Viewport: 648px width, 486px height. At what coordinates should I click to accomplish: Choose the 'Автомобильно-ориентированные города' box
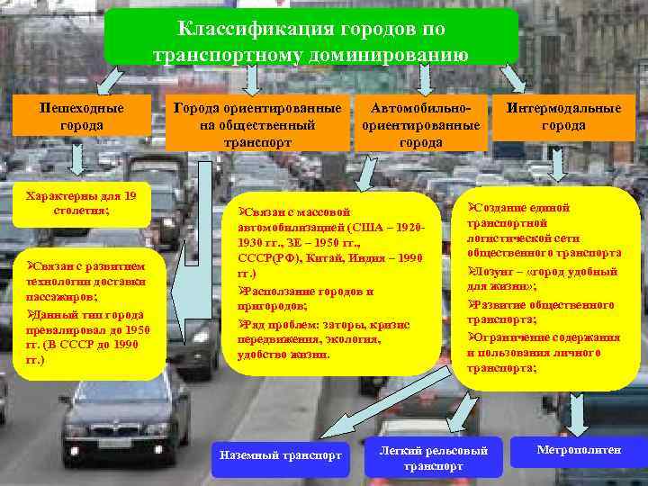(420, 125)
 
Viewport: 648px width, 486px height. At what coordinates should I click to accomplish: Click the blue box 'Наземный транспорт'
(281, 455)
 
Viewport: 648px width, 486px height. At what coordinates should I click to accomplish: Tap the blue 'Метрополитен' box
(578, 450)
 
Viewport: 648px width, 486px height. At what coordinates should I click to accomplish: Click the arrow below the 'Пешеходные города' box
(78, 160)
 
